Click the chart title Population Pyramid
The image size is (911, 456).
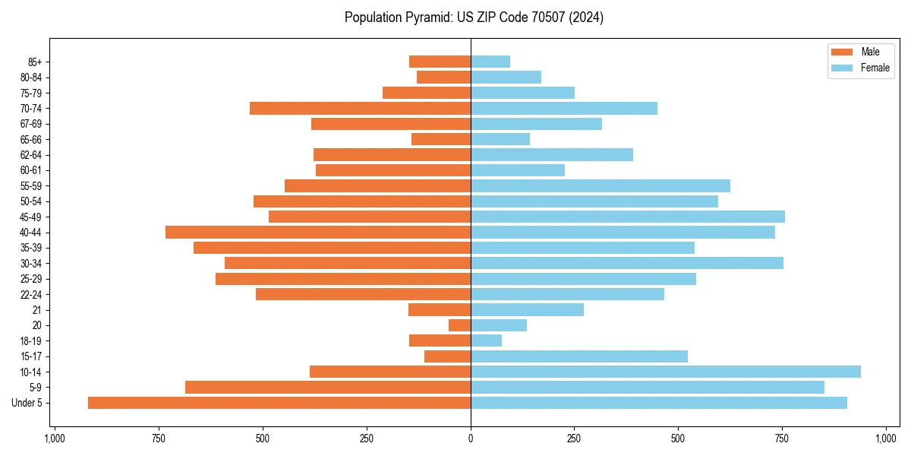tap(474, 17)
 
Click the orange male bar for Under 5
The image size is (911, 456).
tap(279, 403)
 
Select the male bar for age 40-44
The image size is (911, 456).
tap(318, 233)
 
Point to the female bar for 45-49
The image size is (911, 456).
tap(628, 217)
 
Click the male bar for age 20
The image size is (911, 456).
tap(460, 325)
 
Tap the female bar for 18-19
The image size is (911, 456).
tap(487, 340)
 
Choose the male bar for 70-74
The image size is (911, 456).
tap(361, 109)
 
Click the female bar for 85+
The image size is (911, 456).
tap(490, 62)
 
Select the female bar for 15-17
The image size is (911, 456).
tap(579, 356)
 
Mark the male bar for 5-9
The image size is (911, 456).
tap(328, 388)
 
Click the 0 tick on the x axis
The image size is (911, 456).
tap(471, 439)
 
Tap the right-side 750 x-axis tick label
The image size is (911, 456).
tap(782, 439)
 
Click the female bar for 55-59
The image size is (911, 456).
tap(601, 186)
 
